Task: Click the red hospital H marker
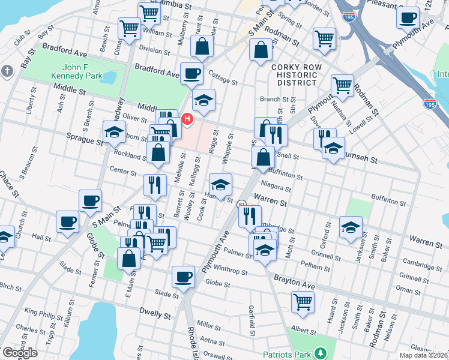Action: point(187,119)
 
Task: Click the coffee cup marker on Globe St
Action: point(183,277)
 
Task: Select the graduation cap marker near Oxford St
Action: point(351,227)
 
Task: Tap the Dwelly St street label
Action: point(155,311)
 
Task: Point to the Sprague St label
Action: point(85,141)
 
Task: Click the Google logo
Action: point(19,353)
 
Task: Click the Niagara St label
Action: point(276,187)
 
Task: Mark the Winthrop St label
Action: point(232,272)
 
